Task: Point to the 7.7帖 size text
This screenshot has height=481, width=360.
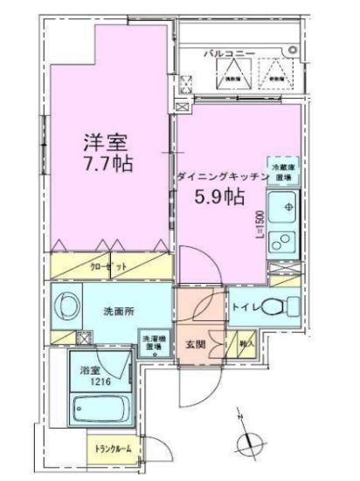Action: (x=108, y=163)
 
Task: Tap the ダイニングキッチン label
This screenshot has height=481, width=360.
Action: (x=221, y=176)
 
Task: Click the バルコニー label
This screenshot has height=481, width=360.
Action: (x=230, y=53)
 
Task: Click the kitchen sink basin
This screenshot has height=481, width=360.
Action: (x=284, y=208)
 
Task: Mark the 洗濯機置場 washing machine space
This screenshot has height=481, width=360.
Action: (x=152, y=342)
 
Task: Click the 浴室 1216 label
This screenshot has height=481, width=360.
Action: (x=91, y=376)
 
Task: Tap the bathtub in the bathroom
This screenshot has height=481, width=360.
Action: (x=99, y=409)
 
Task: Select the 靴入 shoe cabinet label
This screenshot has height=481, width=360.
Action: (x=246, y=344)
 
